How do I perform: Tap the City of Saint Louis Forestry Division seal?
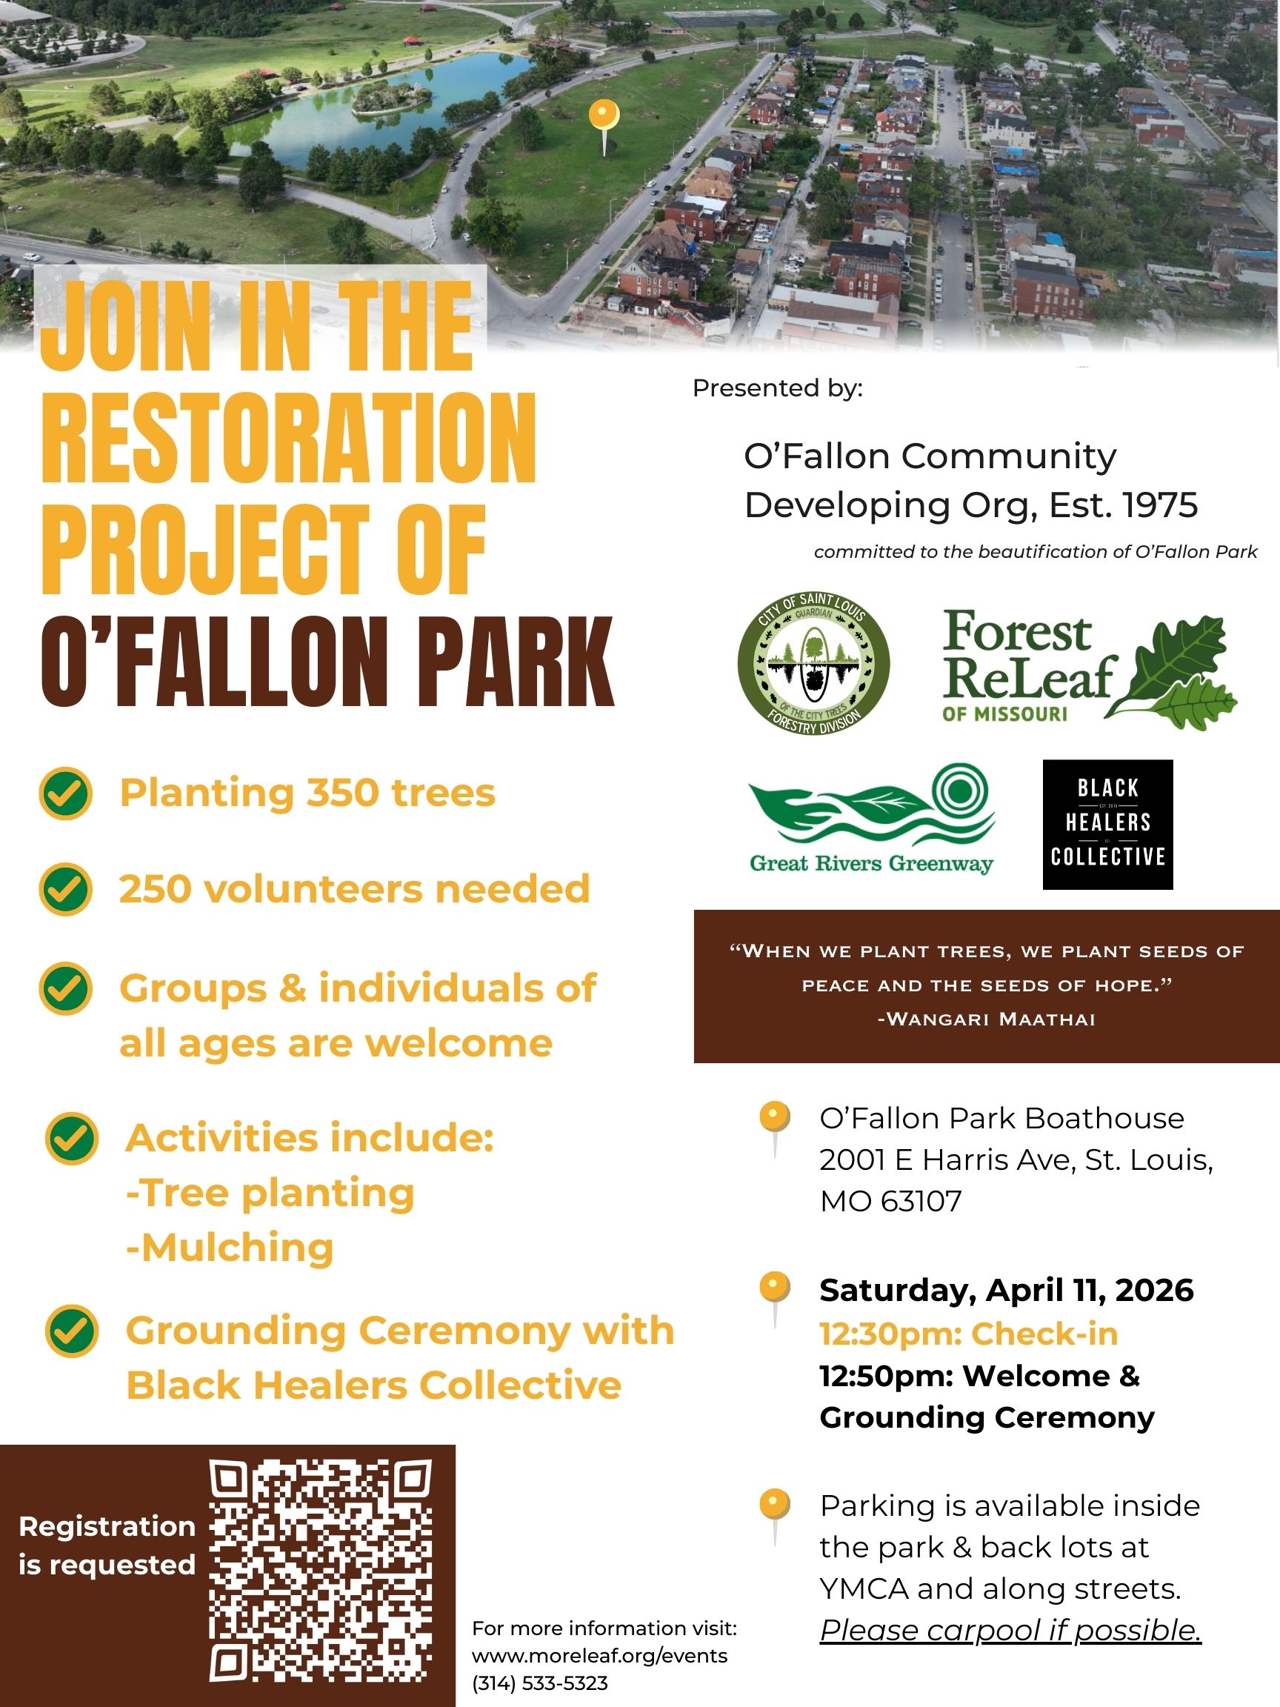coord(813,663)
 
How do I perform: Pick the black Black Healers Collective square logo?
coord(1107,824)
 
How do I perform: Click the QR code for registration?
coord(320,1571)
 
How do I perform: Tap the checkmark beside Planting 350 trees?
coord(67,793)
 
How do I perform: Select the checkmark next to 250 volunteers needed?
coord(67,889)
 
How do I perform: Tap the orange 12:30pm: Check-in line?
coord(968,1334)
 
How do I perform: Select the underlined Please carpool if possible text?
coord(1010,1631)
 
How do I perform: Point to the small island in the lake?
coord(390,96)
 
